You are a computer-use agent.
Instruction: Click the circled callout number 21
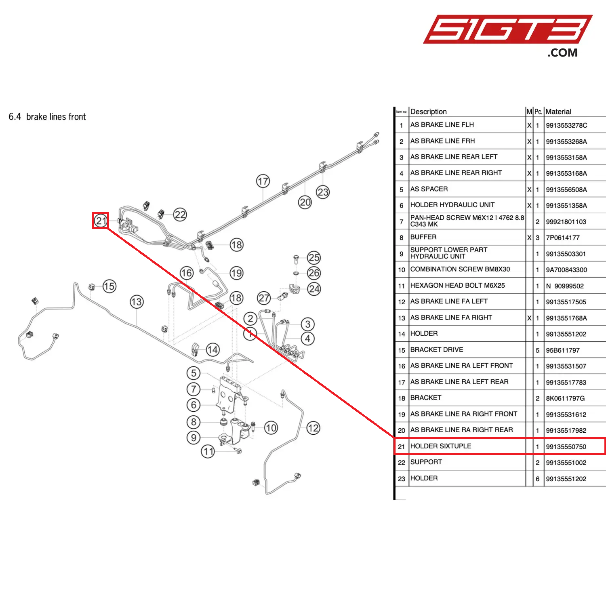101,221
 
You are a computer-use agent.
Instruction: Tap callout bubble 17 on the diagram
263,181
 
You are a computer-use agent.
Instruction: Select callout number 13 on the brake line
137,302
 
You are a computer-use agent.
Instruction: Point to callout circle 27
264,298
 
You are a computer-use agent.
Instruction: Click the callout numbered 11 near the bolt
208,451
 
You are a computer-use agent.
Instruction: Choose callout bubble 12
313,428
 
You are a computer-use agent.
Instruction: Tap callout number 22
180,215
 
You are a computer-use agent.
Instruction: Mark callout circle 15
109,286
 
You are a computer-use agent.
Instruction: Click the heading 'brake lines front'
56,117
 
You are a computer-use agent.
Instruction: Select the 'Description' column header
428,112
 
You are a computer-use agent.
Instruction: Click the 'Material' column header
558,112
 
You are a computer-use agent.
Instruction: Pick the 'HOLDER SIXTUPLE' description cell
441,446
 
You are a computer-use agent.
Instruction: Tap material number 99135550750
566,447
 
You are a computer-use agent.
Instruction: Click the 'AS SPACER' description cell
429,189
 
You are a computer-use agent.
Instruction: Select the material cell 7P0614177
563,238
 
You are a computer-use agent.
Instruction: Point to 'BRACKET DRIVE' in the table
437,350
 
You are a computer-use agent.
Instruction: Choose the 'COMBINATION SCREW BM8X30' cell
460,269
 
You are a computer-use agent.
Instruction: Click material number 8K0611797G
565,398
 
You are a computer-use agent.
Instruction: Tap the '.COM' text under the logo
562,53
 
